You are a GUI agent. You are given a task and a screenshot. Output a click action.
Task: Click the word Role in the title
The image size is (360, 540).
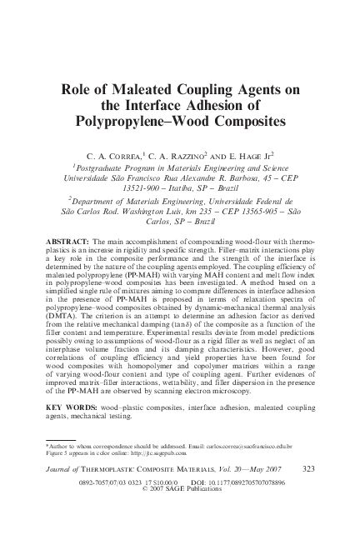point(79,89)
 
